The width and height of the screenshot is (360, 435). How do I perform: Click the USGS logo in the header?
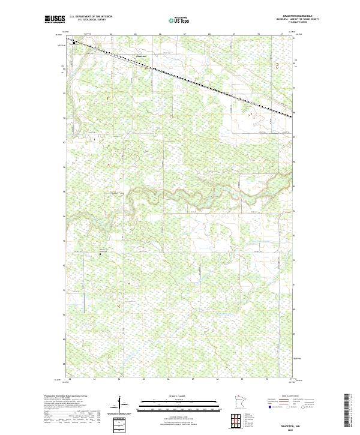click(x=55, y=19)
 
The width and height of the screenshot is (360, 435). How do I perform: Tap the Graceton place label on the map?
click(x=142, y=57)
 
